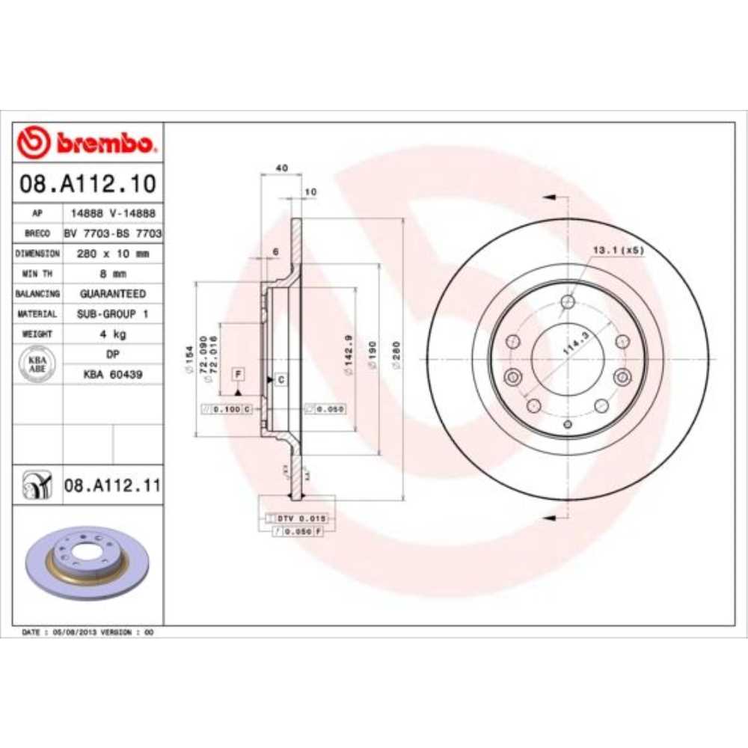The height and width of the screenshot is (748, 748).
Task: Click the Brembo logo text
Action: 105,143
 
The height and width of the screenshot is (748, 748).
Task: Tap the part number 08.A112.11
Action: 112,487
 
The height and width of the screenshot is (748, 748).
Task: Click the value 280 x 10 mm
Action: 113,254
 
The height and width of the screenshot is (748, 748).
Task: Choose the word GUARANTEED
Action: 113,294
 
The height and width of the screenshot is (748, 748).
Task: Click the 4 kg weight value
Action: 113,334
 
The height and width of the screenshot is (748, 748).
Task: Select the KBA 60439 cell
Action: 113,374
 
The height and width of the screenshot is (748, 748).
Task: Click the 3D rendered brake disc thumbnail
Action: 88,562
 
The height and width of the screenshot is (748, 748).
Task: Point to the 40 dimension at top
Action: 281,168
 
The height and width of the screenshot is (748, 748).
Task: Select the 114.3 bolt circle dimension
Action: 574,345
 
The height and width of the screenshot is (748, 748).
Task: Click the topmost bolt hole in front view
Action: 567,302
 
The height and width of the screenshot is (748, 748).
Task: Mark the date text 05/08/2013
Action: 73,632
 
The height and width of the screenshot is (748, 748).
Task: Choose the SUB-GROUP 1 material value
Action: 113,314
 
